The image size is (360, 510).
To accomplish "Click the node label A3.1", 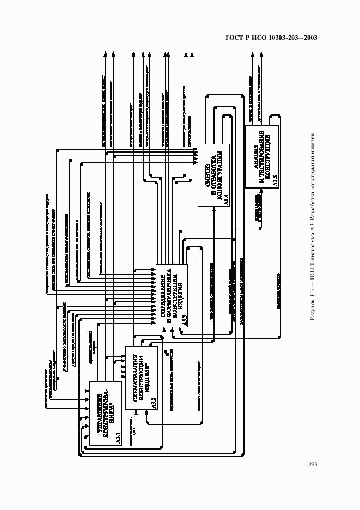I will tap(118, 438).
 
